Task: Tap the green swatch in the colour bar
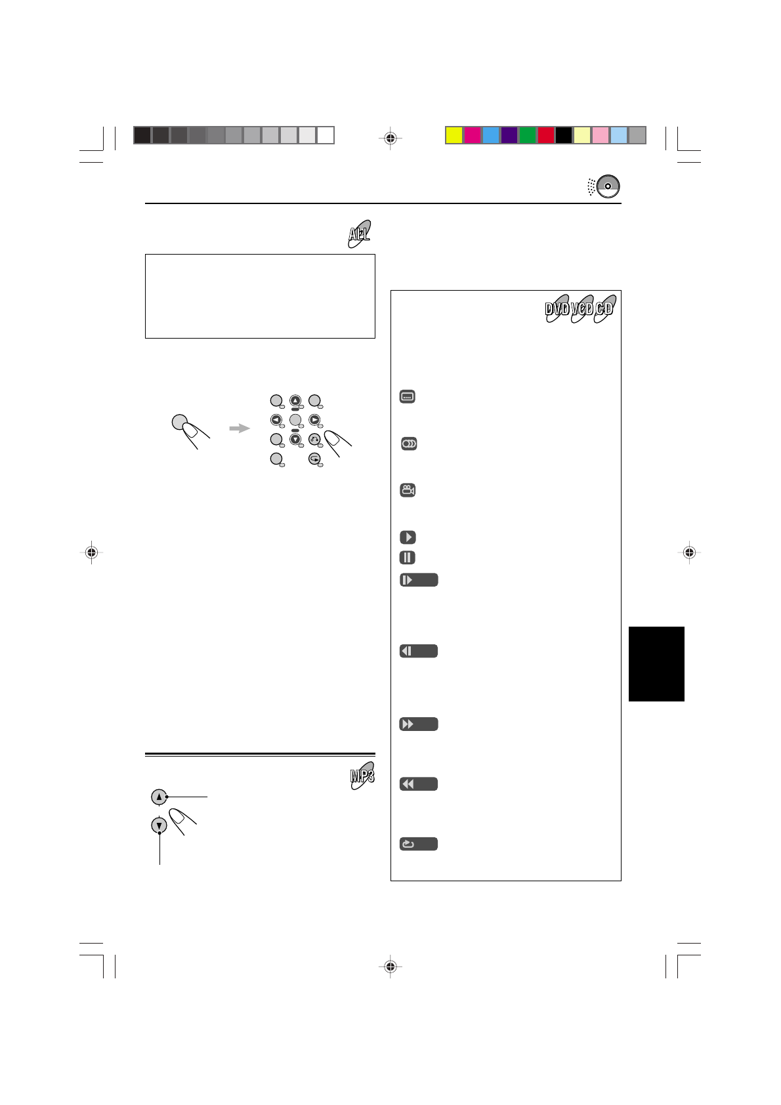click(528, 135)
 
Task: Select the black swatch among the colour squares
click(564, 135)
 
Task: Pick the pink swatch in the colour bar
click(601, 135)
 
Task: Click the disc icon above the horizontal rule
click(608, 187)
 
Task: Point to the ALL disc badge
click(359, 234)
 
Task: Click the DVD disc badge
click(557, 308)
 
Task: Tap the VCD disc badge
click(581, 308)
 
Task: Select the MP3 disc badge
click(362, 776)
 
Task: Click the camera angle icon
click(408, 490)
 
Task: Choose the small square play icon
click(408, 537)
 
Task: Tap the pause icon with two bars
click(408, 558)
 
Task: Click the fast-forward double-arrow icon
click(419, 724)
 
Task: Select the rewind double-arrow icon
click(419, 784)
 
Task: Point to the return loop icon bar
click(419, 844)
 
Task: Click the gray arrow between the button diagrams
click(240, 428)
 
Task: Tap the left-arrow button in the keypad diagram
click(276, 420)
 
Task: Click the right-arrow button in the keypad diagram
click(315, 420)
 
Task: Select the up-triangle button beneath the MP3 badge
click(159, 797)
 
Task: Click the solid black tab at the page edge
click(656, 664)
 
